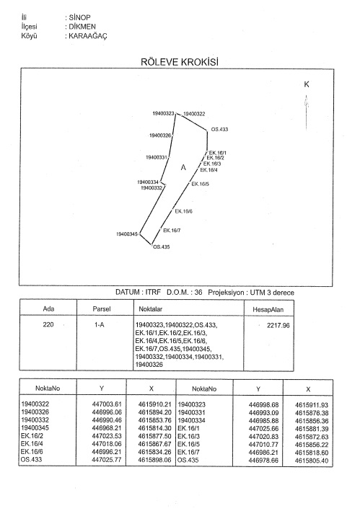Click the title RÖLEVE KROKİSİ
click(180, 62)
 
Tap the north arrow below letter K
click(306, 112)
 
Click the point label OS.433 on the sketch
click(219, 129)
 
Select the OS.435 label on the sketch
click(162, 247)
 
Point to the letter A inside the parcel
click(183, 167)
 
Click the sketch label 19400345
click(127, 234)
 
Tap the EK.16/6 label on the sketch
click(184, 211)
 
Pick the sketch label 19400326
click(160, 136)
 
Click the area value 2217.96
click(278, 326)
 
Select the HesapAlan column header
click(268, 310)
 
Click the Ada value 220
click(48, 324)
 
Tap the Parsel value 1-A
click(100, 325)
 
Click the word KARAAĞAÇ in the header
click(88, 36)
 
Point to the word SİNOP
click(79, 17)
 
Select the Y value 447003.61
click(107, 404)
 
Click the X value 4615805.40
click(312, 461)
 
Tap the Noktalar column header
click(151, 309)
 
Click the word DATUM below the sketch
click(128, 292)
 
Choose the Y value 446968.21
click(107, 428)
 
